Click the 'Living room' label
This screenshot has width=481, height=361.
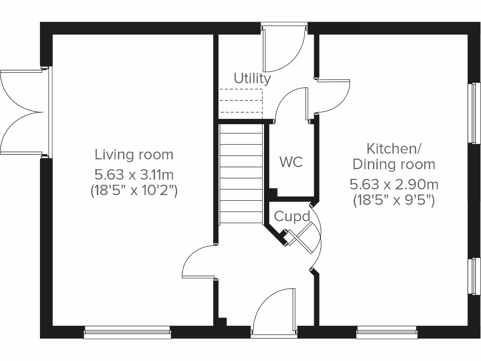coord(134,154)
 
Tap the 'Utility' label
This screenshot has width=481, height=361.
coord(253,78)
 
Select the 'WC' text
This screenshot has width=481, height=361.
coord(291,162)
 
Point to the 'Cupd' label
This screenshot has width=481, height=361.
coord(292,217)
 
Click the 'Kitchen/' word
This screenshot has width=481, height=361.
coord(394,149)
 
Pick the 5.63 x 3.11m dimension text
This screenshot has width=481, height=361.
coord(134,175)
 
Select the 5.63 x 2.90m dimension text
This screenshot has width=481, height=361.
coord(394,184)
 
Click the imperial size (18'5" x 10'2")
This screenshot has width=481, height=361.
coord(134,191)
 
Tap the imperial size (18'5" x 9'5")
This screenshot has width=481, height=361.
coord(394,200)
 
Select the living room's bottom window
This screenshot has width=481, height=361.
coord(127,333)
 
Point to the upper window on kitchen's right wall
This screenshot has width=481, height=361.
coord(476,113)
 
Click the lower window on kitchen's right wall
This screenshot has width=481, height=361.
coord(476,276)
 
